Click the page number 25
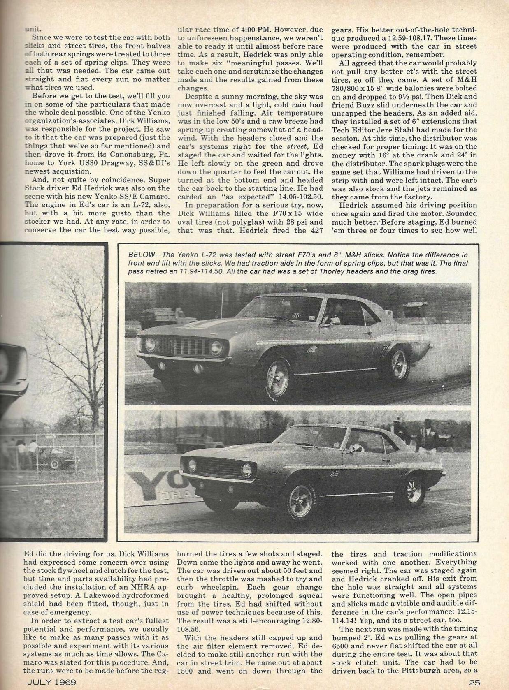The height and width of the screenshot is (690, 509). point(474,682)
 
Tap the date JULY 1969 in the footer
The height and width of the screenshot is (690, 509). point(51,682)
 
